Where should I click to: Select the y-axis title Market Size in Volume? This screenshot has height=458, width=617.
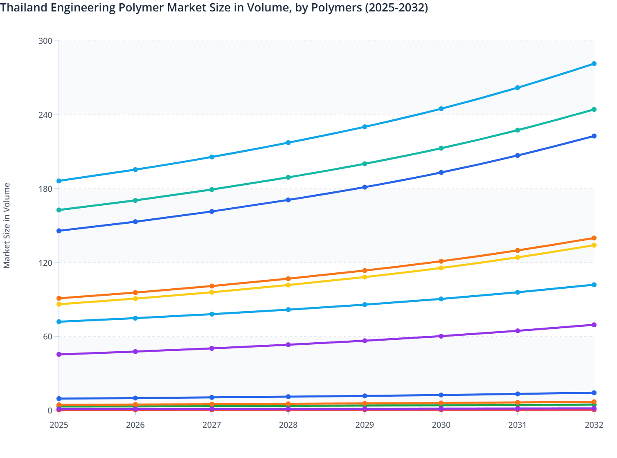(x=7, y=225)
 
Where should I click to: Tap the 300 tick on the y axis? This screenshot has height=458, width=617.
(x=45, y=41)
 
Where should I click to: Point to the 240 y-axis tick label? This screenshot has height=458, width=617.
(x=45, y=115)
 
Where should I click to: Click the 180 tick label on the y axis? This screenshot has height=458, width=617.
(x=45, y=189)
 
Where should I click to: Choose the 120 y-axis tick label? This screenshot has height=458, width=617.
(x=45, y=263)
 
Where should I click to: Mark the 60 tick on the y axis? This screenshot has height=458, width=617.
(x=47, y=337)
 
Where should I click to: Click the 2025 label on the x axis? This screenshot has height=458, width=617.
(x=59, y=425)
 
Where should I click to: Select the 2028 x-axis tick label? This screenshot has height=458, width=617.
(x=288, y=425)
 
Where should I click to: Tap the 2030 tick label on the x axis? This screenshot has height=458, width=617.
(x=441, y=425)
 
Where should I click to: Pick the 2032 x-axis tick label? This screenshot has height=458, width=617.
(x=594, y=425)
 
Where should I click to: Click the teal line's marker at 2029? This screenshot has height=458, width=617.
(x=365, y=164)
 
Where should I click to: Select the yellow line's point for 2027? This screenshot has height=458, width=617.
(x=212, y=292)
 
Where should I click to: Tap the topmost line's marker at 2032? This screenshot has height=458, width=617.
(x=594, y=64)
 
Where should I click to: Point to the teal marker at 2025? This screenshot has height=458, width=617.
(x=59, y=210)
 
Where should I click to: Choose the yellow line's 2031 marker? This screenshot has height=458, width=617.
(x=518, y=257)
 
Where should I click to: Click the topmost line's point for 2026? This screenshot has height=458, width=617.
(x=135, y=170)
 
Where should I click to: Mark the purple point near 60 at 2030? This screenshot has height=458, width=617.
(x=441, y=336)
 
